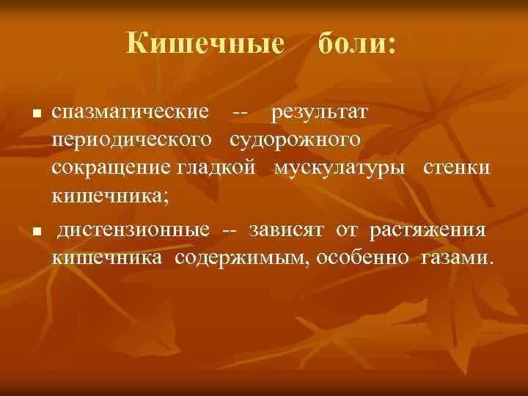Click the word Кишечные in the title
pos(205,43)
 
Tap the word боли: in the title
pos(356,43)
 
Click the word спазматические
pos(135,114)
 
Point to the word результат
pos(320,114)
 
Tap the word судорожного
pos(295,140)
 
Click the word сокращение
pos(111,166)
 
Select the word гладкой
pos(216,166)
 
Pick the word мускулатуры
pos(340,166)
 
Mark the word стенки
pos(456,166)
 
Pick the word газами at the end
pos(457,257)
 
